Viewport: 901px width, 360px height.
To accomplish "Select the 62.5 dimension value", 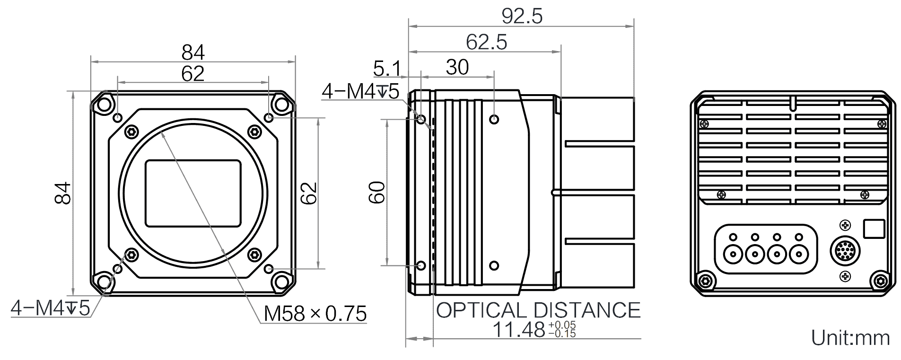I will click(x=486, y=43).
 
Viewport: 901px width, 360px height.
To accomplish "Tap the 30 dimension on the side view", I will click(x=457, y=68).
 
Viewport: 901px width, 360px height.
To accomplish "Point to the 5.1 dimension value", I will click(x=386, y=69).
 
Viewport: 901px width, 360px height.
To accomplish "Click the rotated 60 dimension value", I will click(x=378, y=192).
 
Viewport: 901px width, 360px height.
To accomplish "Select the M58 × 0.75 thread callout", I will click(x=315, y=314).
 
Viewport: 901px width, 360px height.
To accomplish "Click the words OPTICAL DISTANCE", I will click(x=538, y=310).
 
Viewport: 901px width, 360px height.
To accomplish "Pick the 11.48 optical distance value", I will click(x=519, y=330).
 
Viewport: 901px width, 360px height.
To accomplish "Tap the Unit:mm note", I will click(x=850, y=338).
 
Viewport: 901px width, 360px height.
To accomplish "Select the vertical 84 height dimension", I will click(x=63, y=193).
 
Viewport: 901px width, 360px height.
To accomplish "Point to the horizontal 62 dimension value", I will click(x=193, y=73).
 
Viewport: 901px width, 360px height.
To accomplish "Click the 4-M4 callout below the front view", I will click(x=50, y=308).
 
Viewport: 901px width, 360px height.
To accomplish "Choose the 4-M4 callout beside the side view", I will click(x=360, y=91).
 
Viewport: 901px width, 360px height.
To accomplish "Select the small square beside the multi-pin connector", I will click(x=874, y=229).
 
